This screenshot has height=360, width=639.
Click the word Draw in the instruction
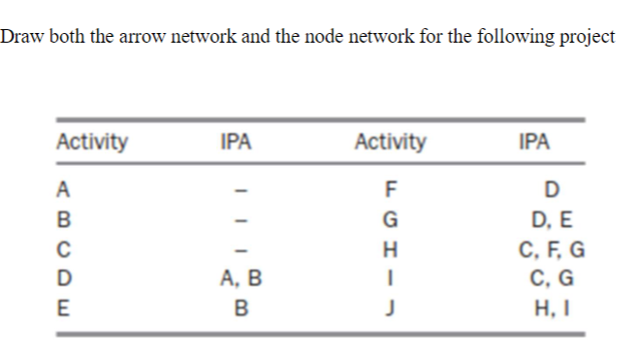pyautogui.click(x=18, y=37)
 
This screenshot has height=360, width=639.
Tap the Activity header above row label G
pyautogui.click(x=390, y=142)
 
